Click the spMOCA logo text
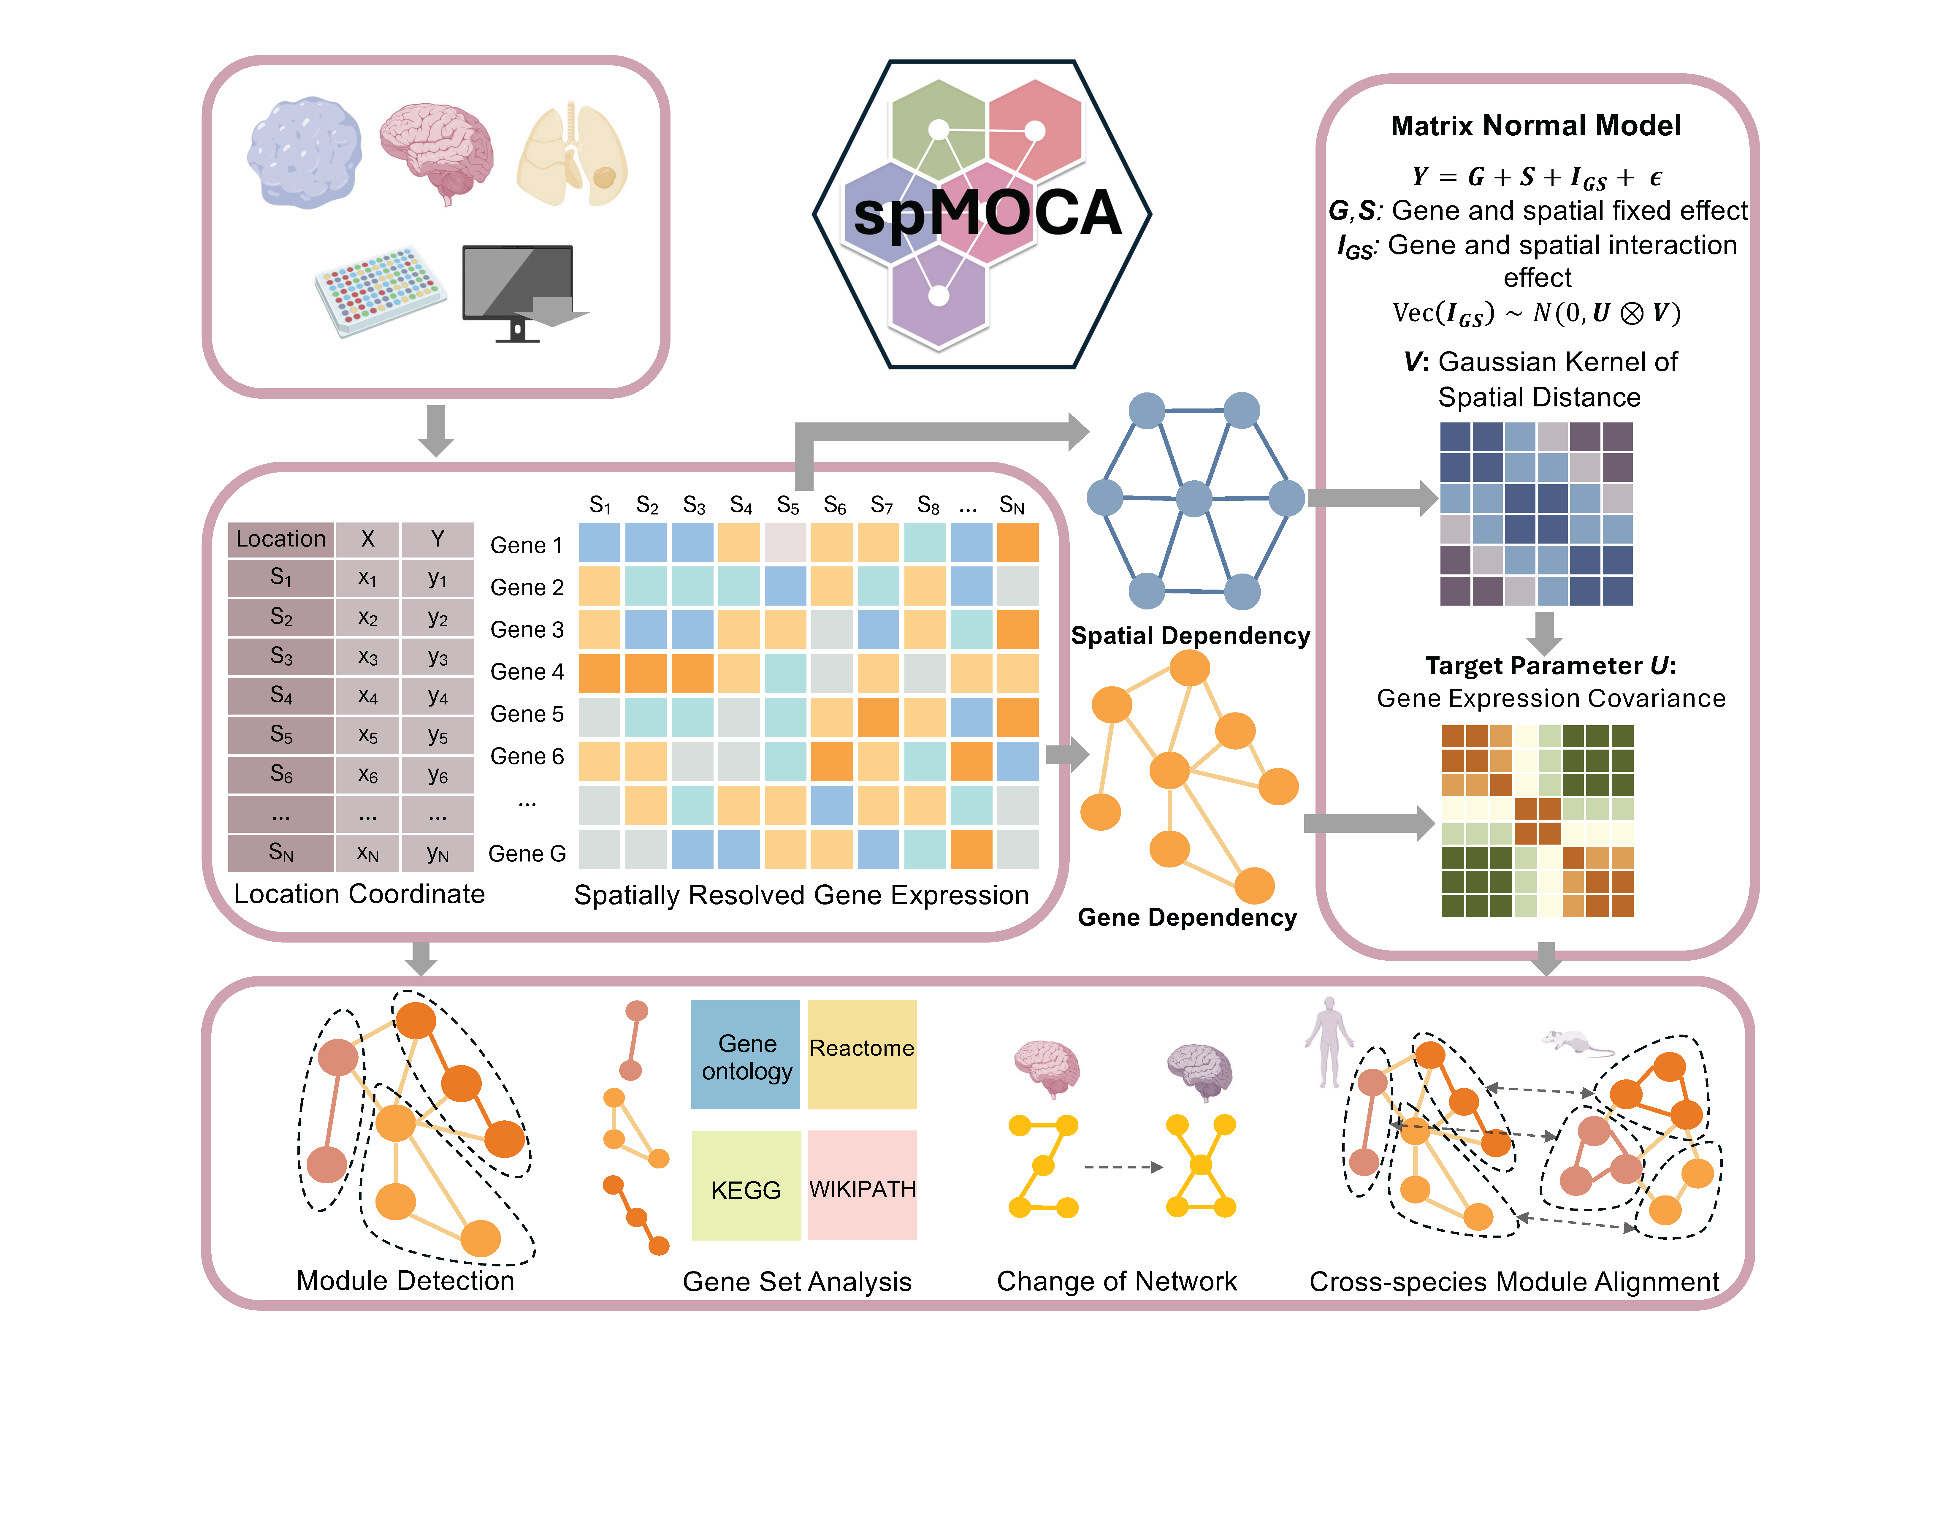click(987, 213)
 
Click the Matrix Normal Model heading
click(1536, 126)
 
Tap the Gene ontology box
click(745, 1056)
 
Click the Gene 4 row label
click(527, 672)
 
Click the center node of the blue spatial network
click(1194, 498)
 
